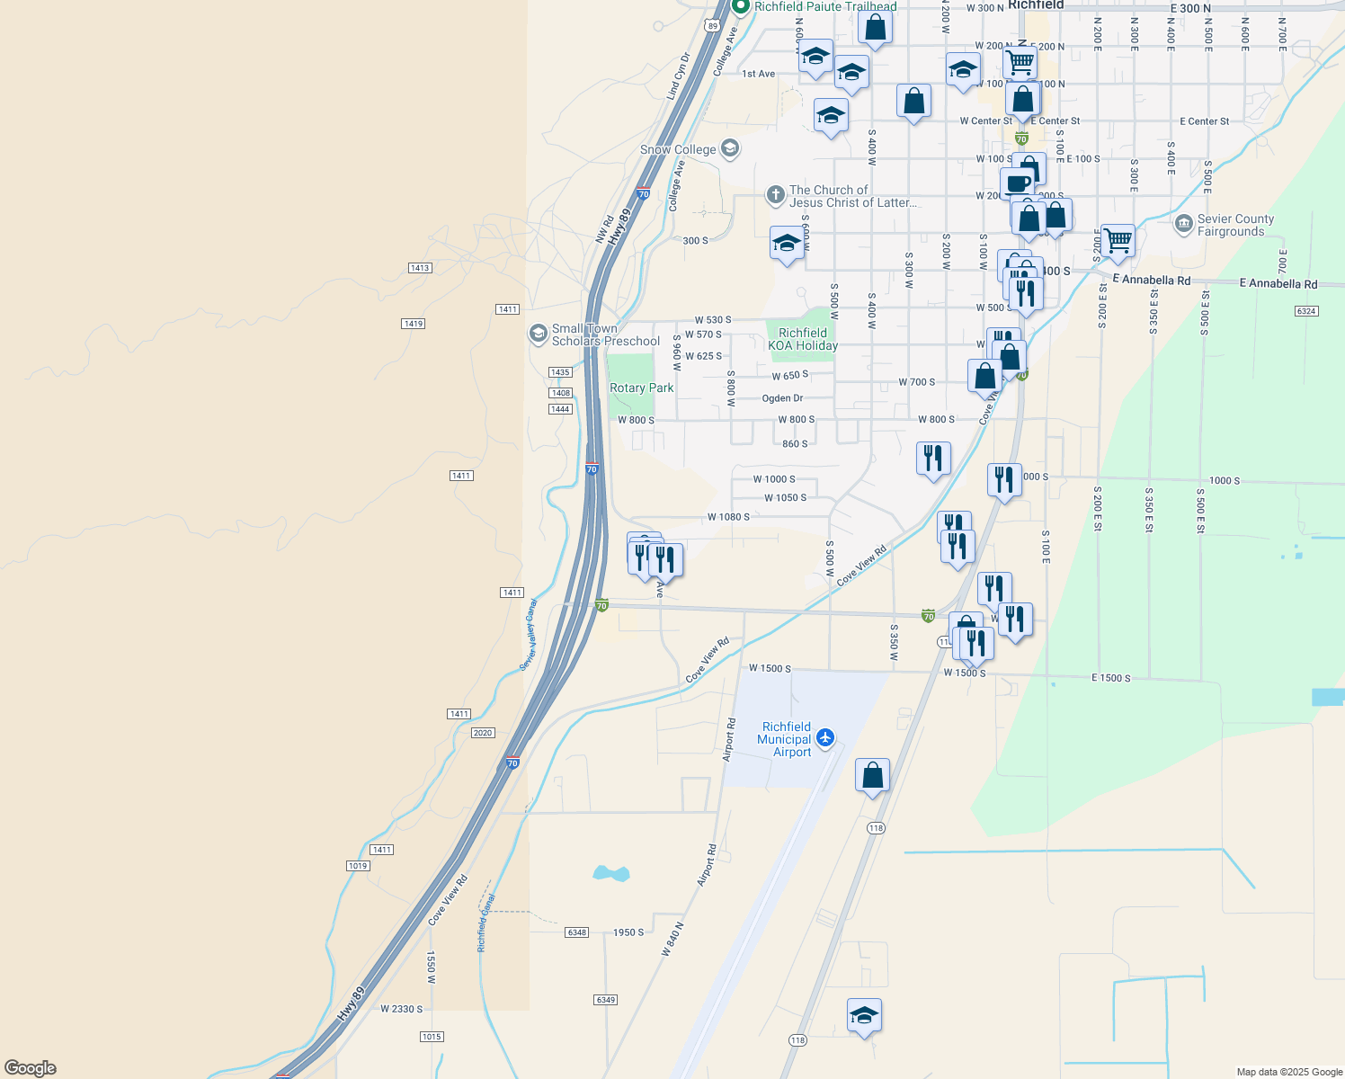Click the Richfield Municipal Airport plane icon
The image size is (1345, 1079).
point(825,739)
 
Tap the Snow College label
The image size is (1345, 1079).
point(678,150)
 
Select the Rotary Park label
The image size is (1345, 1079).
point(641,388)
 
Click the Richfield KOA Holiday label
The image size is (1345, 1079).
point(803,339)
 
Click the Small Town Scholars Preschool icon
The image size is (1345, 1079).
point(539,334)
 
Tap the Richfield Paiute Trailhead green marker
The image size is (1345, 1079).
point(741,7)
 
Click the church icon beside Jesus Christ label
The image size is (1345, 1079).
point(775,195)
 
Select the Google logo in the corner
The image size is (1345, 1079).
point(31,1068)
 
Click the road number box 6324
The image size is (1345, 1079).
point(1306,311)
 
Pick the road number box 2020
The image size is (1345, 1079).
point(483,733)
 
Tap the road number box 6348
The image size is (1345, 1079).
point(576,932)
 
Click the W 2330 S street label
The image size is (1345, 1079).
point(401,1009)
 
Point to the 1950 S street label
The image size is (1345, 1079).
point(628,932)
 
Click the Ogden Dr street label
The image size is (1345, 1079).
point(782,398)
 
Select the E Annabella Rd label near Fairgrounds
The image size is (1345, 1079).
point(1151,280)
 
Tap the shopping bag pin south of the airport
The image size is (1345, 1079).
point(872,775)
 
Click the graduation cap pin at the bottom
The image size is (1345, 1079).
point(864,1016)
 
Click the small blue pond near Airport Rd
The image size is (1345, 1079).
point(610,873)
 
